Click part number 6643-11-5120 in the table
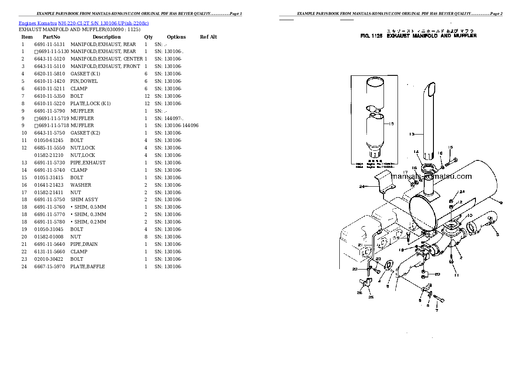tap(49, 59)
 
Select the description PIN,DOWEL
tap(84, 81)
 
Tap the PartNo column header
tap(51, 37)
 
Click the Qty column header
tap(148, 37)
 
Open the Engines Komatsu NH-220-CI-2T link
tap(84, 23)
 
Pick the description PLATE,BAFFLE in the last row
tap(88, 266)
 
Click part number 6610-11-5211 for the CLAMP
tap(49, 89)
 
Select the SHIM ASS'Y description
tap(84, 199)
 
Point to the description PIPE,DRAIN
tap(84, 244)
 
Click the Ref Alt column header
tap(208, 37)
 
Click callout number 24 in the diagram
tap(362, 187)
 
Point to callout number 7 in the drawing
tap(436, 310)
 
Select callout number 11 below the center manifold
tap(456, 275)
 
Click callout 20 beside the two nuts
tap(437, 274)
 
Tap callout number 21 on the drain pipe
tap(359, 245)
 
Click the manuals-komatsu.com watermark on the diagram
tap(431, 177)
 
